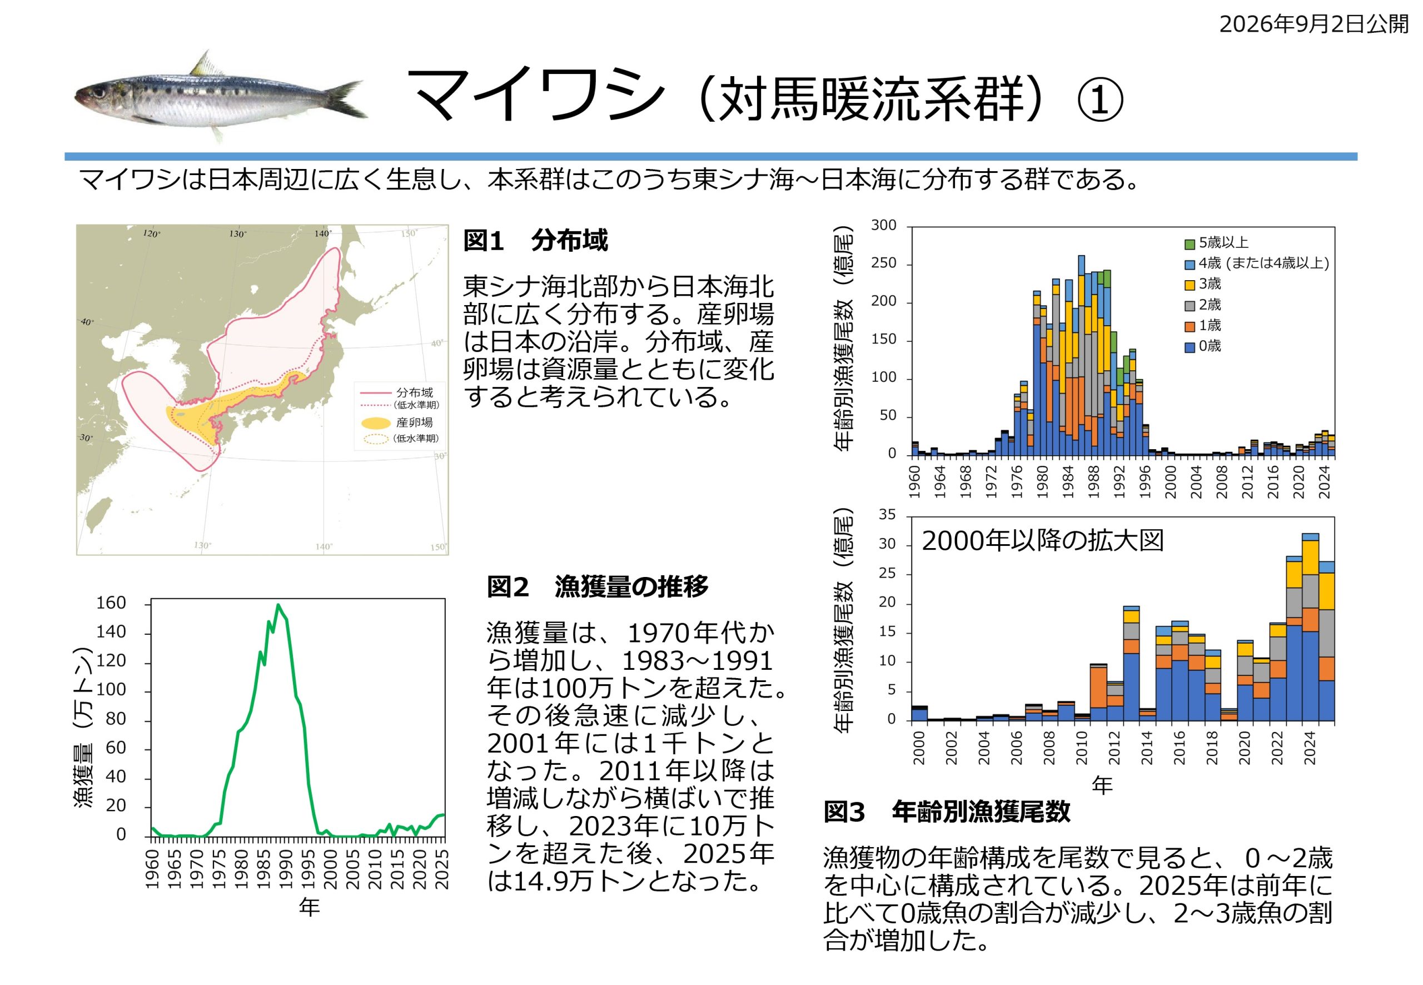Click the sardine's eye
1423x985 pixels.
[x=99, y=93]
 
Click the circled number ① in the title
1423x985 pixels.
[x=1099, y=101]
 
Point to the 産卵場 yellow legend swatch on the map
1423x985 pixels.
[x=375, y=423]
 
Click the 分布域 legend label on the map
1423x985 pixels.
[x=415, y=392]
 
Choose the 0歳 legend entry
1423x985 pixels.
[x=1203, y=346]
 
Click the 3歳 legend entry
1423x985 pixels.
[x=1203, y=284]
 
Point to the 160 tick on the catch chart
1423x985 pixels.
[x=111, y=603]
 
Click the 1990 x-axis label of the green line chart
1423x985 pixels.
[x=286, y=869]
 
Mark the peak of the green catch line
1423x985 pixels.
[x=278, y=604]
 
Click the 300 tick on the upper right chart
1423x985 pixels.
[x=884, y=226]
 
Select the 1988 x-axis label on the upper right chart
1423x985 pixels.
[x=1093, y=482]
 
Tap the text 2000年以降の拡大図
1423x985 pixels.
[x=1042, y=541]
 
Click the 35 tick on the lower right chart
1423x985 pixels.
[x=887, y=515]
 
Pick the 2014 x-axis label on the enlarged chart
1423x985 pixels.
[x=1147, y=748]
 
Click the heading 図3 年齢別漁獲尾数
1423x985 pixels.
[x=947, y=812]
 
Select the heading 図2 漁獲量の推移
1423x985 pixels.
[x=598, y=586]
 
